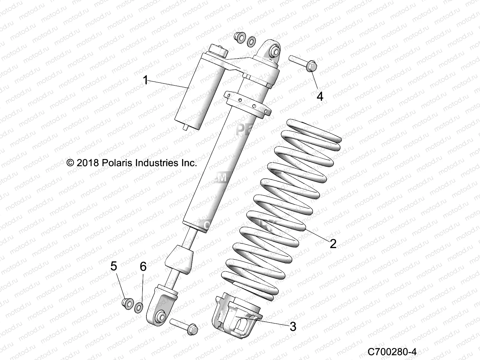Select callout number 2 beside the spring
tap(333, 244)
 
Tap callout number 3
tap(293, 326)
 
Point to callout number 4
tap(320, 96)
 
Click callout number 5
tap(114, 266)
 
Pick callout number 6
tap(143, 266)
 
